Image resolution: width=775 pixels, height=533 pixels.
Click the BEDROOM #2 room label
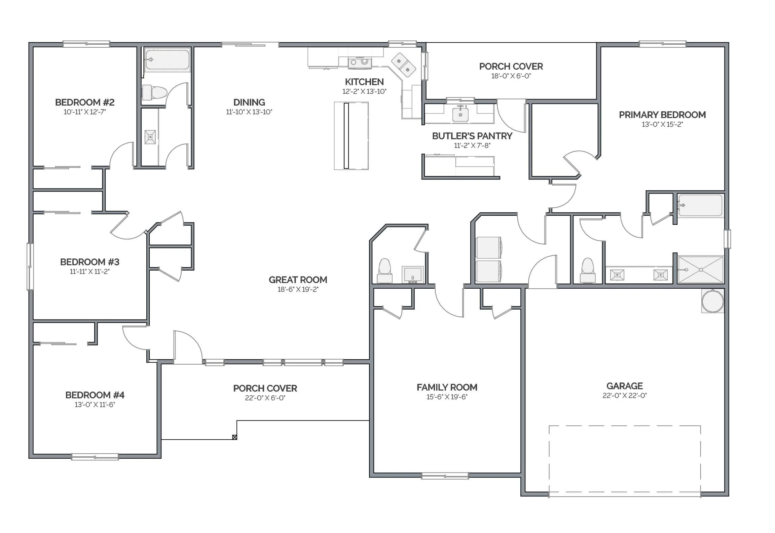point(85,102)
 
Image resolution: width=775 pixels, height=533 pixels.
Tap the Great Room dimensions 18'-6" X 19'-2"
point(298,289)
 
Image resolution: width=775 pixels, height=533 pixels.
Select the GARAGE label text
point(625,386)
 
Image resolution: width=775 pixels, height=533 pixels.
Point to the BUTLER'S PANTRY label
point(472,136)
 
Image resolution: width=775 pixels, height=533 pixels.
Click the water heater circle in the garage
point(712,301)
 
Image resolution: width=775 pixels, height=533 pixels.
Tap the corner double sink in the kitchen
point(403,65)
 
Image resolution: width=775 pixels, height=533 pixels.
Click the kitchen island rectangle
point(351,136)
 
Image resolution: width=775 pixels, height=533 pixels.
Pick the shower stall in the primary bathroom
point(701,270)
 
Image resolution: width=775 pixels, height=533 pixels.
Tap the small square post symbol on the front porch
point(234,437)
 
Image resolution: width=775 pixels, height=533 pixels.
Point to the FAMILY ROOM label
point(447,387)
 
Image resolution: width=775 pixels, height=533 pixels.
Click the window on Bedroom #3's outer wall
point(30,266)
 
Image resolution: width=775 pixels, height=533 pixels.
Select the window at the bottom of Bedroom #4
point(95,457)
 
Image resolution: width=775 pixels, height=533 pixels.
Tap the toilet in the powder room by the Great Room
point(384,271)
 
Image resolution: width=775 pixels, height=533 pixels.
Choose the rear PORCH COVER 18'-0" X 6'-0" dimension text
point(511,76)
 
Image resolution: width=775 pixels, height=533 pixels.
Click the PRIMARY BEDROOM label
point(662,115)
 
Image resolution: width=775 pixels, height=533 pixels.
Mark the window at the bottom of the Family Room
point(445,476)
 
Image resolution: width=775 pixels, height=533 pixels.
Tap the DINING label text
point(249,102)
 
